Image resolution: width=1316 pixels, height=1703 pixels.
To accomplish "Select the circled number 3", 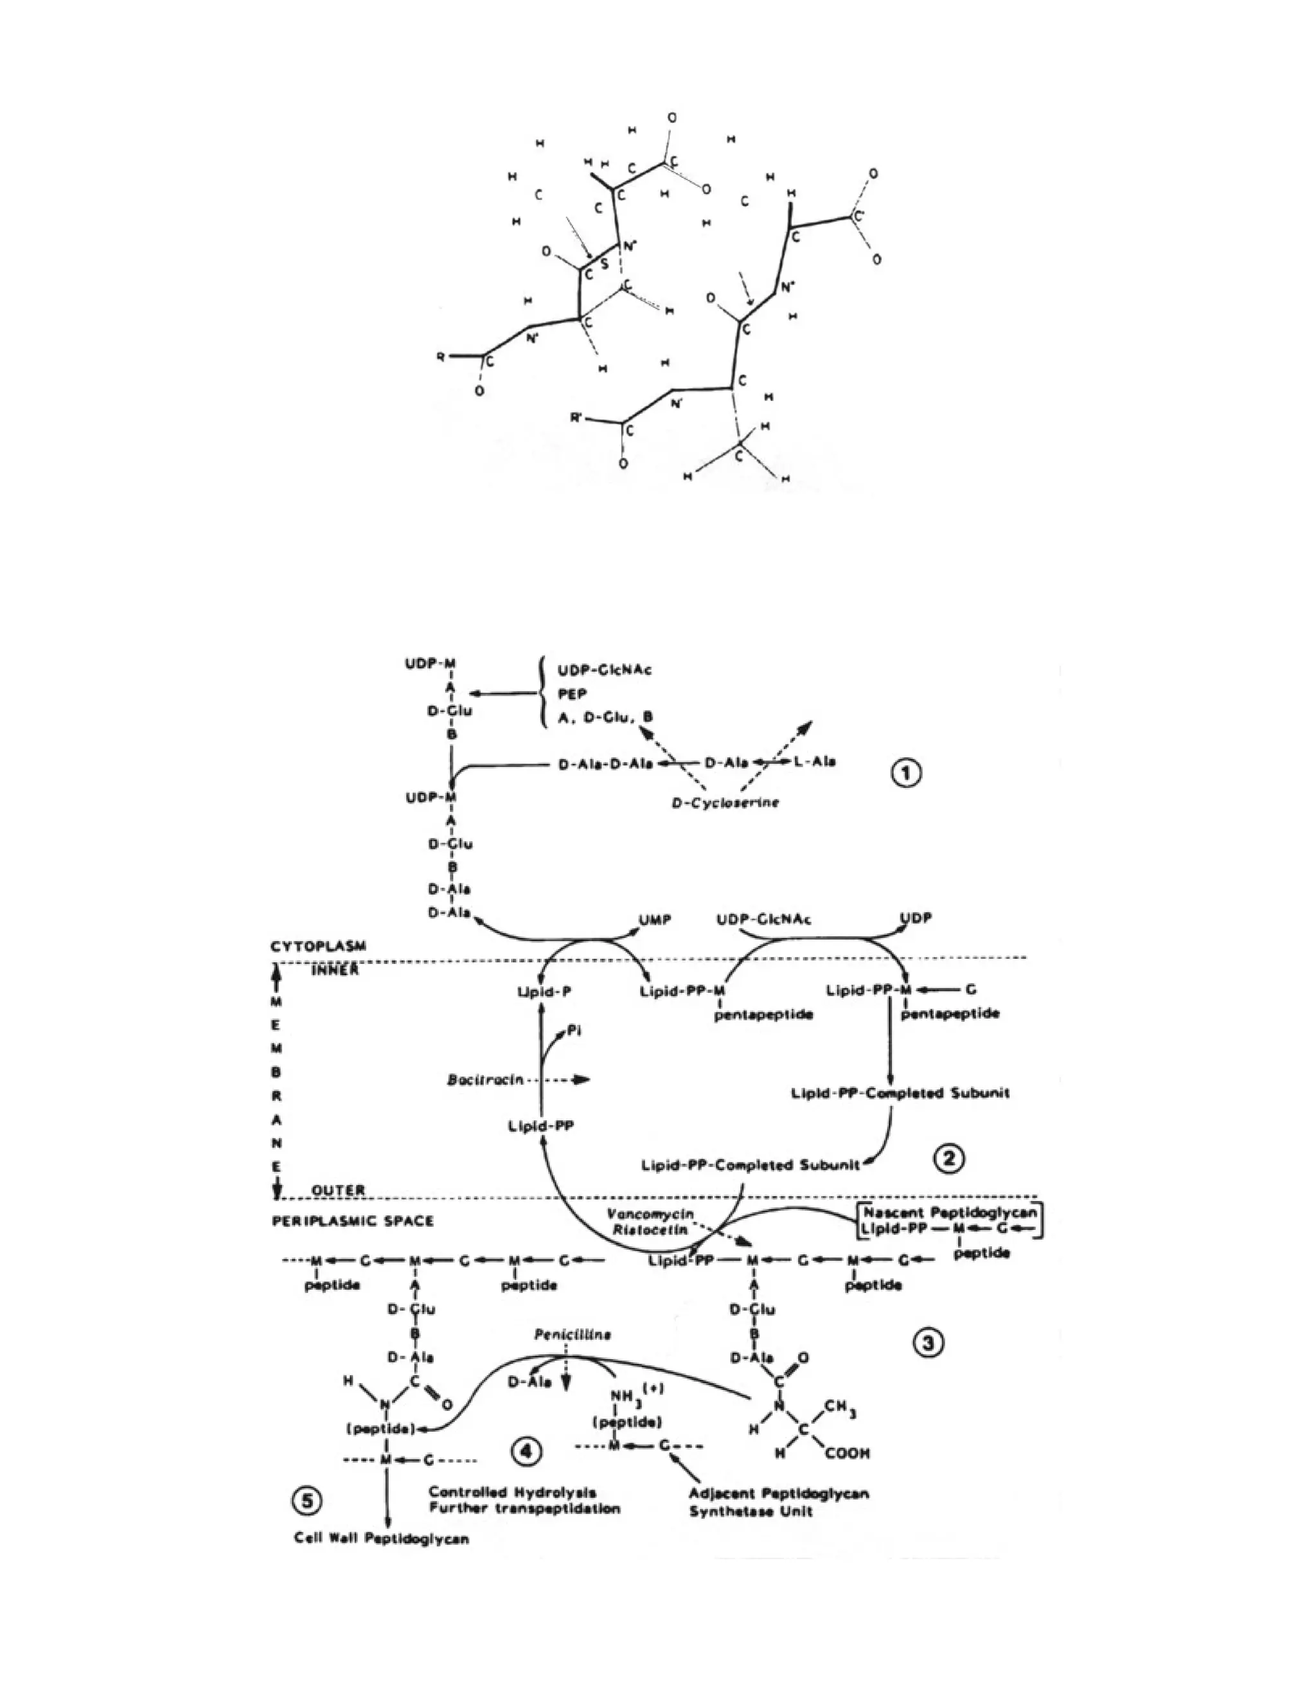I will (x=929, y=1342).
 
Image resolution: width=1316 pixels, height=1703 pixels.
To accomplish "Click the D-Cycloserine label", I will (x=725, y=803).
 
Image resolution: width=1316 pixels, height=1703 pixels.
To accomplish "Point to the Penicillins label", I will (x=573, y=1334).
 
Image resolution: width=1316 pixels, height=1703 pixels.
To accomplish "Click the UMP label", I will (x=655, y=920).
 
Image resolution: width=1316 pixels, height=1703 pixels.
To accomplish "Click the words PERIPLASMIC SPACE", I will (x=352, y=1221).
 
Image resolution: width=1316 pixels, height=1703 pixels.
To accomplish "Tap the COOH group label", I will (x=847, y=1453).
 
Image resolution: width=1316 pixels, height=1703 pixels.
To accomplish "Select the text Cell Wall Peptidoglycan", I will (x=381, y=1538).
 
